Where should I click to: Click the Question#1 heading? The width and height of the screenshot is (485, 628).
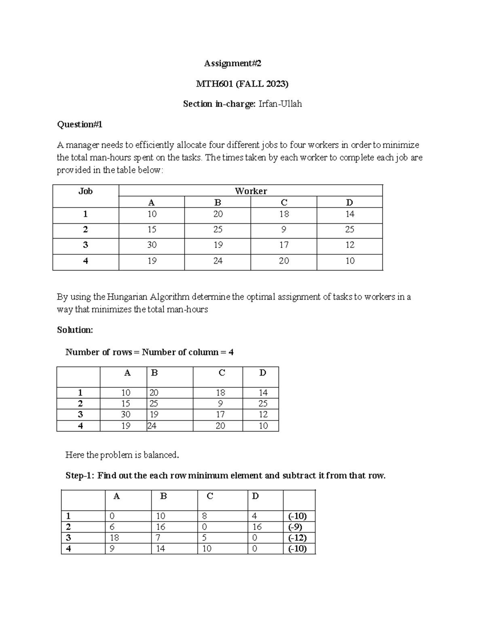point(80,125)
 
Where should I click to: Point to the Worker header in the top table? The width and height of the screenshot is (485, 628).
point(251,191)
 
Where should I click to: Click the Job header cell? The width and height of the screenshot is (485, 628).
point(85,191)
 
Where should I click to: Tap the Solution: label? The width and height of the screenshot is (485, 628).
point(75,330)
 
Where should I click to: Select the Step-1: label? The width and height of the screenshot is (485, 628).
point(80,476)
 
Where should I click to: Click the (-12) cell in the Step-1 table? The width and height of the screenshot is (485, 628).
point(297,538)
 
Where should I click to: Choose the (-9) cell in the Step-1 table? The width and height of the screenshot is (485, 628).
point(295,527)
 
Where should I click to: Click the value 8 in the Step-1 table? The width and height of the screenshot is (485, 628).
point(205,516)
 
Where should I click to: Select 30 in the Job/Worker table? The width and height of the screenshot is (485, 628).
point(152,245)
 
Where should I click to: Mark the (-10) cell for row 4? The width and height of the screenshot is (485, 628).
point(297,549)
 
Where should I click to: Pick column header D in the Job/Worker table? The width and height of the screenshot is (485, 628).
point(350,203)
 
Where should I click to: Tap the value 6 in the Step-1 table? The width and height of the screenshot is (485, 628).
point(112,527)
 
